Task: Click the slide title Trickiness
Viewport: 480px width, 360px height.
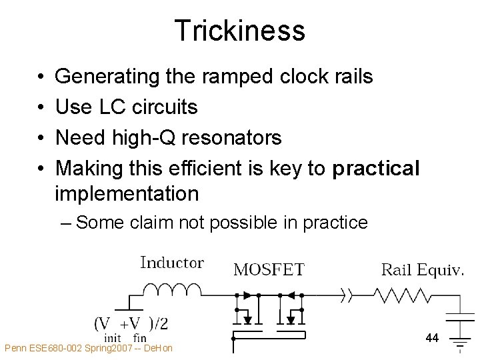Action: (239, 31)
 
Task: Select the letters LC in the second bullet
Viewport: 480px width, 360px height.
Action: (109, 107)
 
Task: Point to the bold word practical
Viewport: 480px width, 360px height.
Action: (376, 169)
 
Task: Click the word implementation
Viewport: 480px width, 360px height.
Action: (127, 194)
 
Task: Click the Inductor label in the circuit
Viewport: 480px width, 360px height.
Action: (172, 263)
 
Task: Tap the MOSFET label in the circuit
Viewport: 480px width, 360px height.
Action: (269, 269)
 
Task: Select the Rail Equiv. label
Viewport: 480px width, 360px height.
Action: (422, 269)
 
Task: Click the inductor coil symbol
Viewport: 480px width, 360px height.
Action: (172, 289)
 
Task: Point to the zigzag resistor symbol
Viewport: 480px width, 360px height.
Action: (397, 295)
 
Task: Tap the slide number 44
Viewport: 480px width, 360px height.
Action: (432, 339)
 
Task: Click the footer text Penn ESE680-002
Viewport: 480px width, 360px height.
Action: (41, 348)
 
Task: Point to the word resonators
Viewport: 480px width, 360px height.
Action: (237, 138)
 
